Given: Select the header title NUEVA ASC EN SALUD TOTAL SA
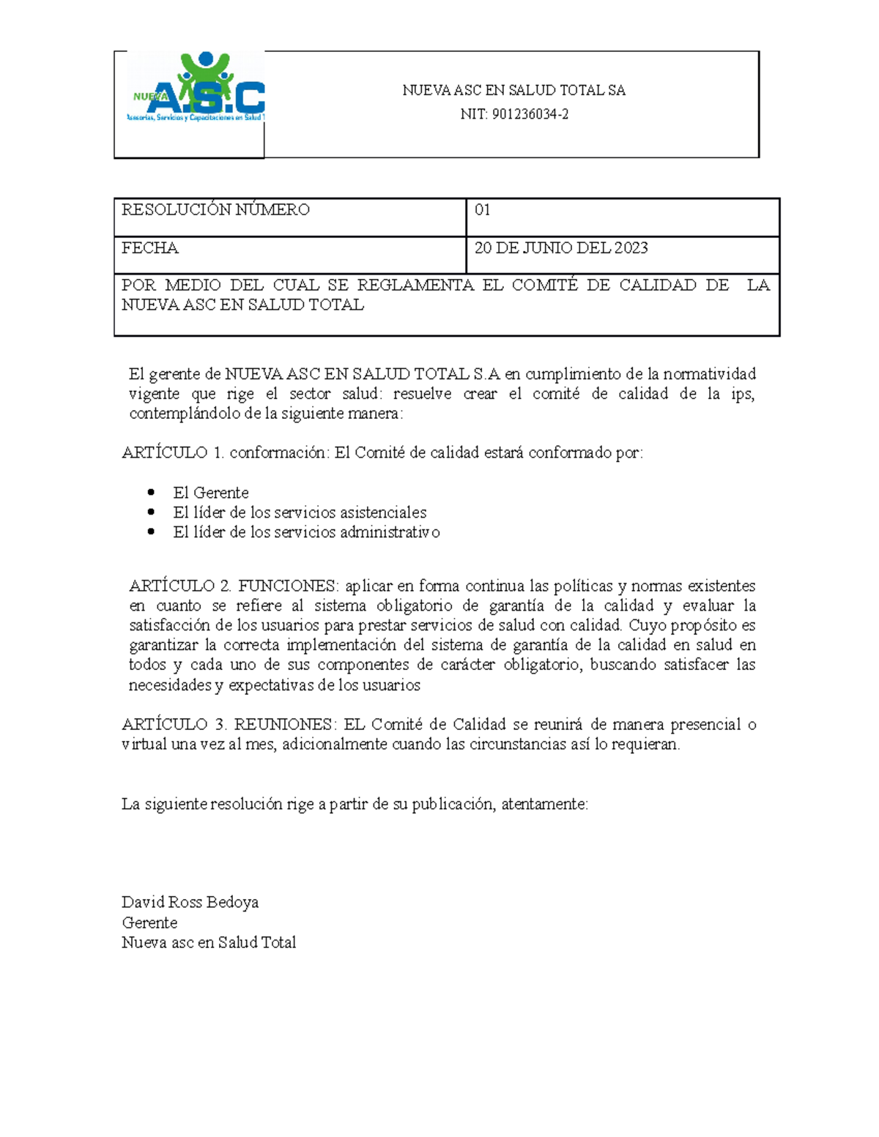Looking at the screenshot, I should click(x=513, y=91).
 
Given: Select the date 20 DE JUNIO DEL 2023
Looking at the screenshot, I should click(x=561, y=248).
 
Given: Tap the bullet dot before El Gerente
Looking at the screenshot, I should click(x=152, y=492).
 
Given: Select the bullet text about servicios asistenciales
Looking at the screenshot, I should click(x=300, y=512).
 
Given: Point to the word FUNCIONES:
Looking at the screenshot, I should click(x=289, y=586).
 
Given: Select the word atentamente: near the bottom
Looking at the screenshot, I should click(x=544, y=805).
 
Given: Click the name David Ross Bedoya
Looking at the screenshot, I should click(x=190, y=902).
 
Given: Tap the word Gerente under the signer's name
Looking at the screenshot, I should click(x=149, y=922).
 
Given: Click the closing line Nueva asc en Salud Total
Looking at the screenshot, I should click(x=209, y=943).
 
